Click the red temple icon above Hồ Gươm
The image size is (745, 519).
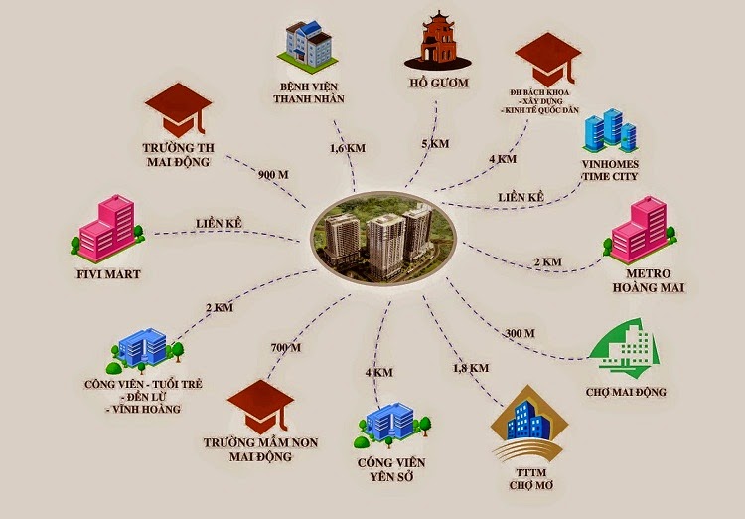coord(438,41)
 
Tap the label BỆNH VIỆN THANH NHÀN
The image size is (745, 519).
coord(309,92)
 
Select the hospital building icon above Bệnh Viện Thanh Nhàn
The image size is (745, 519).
coord(308,47)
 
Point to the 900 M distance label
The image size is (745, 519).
coord(273,175)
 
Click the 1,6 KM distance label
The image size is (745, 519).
coord(348,148)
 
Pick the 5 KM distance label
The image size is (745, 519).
coord(436,143)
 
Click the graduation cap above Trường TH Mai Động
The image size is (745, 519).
coord(178,110)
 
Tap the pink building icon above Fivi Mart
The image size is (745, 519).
coord(108,229)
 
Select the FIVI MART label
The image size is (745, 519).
coord(109,274)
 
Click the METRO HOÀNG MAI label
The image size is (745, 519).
coord(649,280)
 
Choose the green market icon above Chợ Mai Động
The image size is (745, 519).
coord(624,349)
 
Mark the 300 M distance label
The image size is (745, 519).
coord(520,333)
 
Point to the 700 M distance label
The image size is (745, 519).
coord(285,348)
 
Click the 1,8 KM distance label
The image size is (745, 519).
coord(471,368)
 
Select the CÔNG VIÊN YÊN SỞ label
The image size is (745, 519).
coord(391,469)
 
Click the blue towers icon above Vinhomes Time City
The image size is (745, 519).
coord(610,130)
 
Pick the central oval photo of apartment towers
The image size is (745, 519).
coord(383,239)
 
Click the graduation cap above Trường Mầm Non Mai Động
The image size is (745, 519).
coord(260,407)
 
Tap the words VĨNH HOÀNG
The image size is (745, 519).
coord(146,409)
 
